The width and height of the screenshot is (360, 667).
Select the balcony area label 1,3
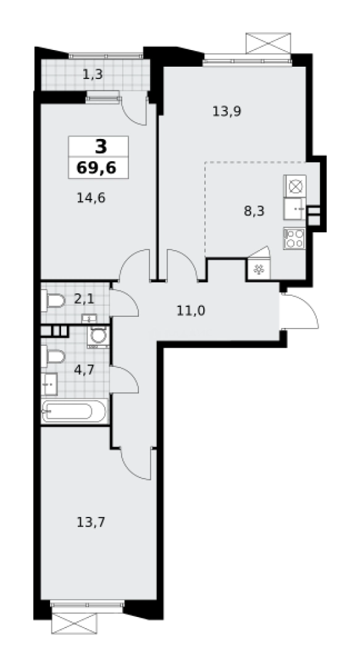pyautogui.click(x=93, y=75)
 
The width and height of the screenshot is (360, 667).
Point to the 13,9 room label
pyautogui.click(x=226, y=112)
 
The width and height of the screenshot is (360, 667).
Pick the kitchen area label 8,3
pyautogui.click(x=254, y=210)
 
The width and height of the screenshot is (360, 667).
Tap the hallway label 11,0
pyautogui.click(x=191, y=309)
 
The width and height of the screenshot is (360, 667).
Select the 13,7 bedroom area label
pyautogui.click(x=90, y=522)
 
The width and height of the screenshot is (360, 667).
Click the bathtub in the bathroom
pyautogui.click(x=74, y=411)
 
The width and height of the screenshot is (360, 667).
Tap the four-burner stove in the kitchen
pyautogui.click(x=294, y=238)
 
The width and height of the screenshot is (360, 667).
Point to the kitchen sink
pyautogui.click(x=294, y=209)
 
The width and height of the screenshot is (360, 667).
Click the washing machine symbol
pyautogui.click(x=98, y=336)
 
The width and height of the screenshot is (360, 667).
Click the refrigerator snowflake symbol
pyautogui.click(x=258, y=269)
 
